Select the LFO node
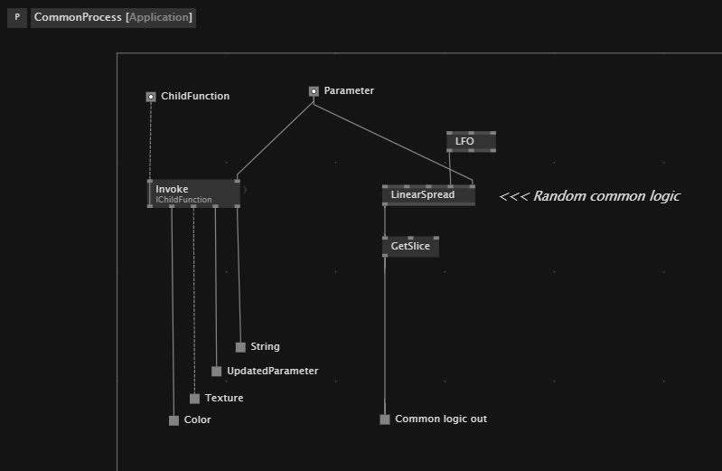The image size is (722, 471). coord(471,142)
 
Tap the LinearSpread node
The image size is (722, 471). coord(428,195)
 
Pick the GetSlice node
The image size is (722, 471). coord(410,246)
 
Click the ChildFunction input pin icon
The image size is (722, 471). coord(151,97)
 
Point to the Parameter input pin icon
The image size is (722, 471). coord(314,91)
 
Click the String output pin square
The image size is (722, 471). coord(240,347)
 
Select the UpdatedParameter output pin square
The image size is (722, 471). coord(217,372)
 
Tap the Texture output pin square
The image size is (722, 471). coord(194,399)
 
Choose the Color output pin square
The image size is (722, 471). coord(173,420)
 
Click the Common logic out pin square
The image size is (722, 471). coord(385,419)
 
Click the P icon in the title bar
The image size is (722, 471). coord(17,17)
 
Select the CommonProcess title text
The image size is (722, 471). coord(78,17)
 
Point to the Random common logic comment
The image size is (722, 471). coord(589,196)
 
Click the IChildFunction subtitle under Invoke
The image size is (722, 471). coord(184,200)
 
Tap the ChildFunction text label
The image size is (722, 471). coord(195,97)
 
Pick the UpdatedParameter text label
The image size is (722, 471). coord(272,372)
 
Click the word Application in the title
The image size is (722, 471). coord(160,17)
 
